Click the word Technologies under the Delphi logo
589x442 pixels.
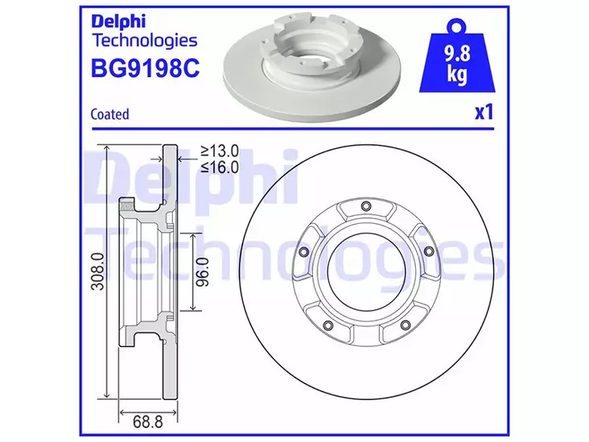tap(145, 39)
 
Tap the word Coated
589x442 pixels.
tap(111, 114)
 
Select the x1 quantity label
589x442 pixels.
tap(483, 112)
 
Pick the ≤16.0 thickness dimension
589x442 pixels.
tap(220, 167)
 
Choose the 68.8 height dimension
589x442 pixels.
tap(148, 419)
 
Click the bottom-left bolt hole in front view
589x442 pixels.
tap(327, 325)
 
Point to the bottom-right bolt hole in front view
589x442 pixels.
tap(406, 325)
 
